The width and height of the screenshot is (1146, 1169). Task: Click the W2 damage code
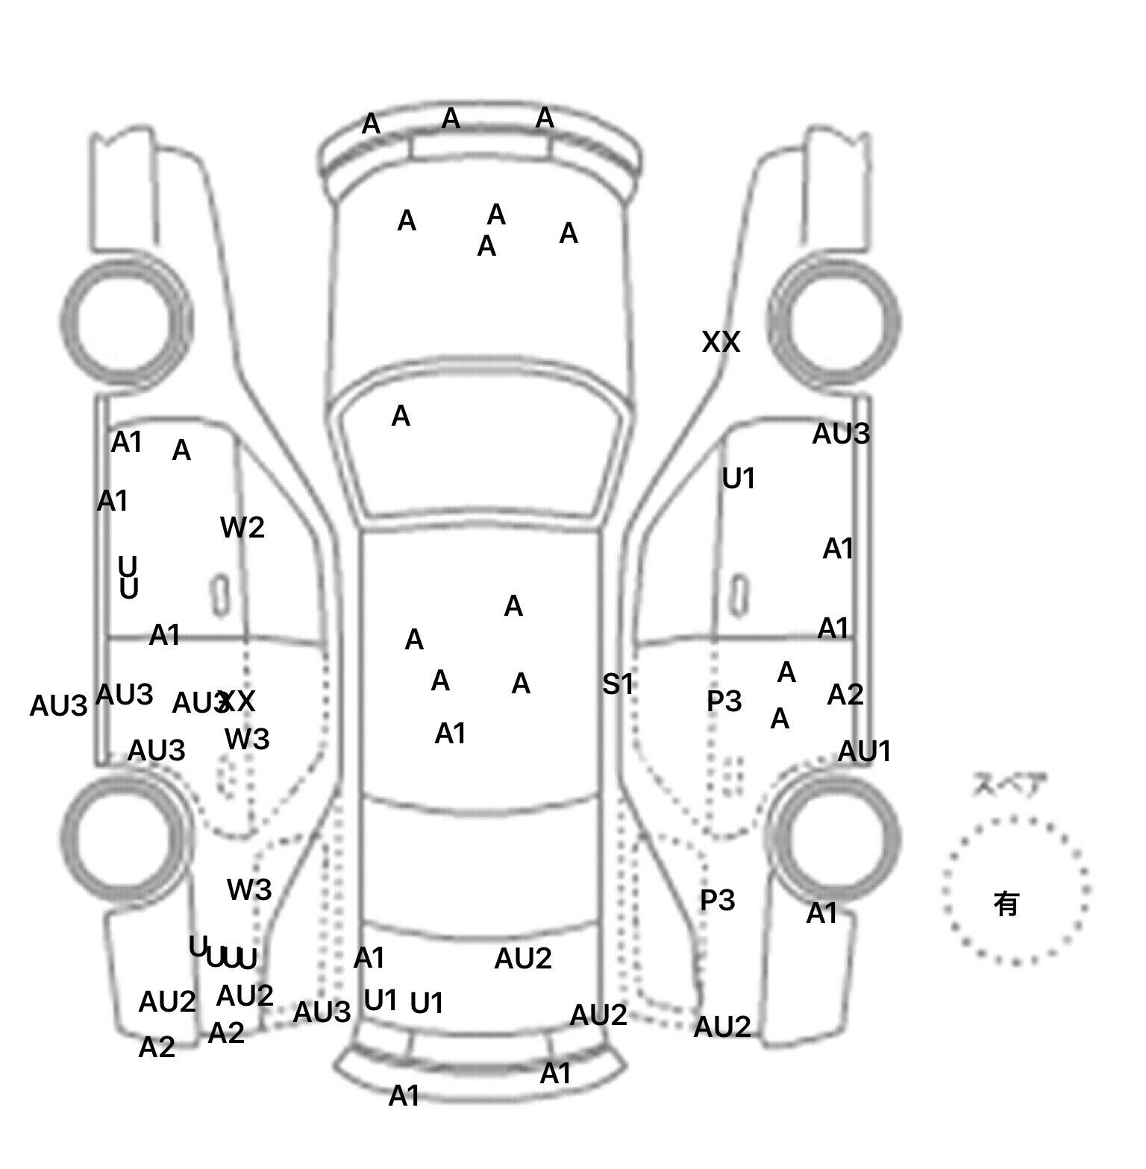pyautogui.click(x=242, y=528)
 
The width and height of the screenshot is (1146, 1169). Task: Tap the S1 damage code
pyautogui.click(x=618, y=684)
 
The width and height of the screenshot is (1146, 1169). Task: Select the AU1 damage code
pyautogui.click(x=865, y=751)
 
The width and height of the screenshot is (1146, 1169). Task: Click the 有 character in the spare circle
pyautogui.click(x=1006, y=904)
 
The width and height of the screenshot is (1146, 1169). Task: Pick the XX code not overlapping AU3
pyautogui.click(x=721, y=342)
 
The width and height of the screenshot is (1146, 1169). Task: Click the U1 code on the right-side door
pyautogui.click(x=739, y=479)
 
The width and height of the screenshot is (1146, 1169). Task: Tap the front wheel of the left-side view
pyautogui.click(x=124, y=322)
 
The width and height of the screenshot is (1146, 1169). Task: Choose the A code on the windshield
pyautogui.click(x=401, y=416)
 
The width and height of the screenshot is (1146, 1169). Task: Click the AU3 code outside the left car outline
pyautogui.click(x=58, y=705)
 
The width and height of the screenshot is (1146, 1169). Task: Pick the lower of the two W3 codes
pyautogui.click(x=249, y=889)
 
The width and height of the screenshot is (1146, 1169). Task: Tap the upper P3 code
pyautogui.click(x=724, y=702)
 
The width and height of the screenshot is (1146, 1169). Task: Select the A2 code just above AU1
pyautogui.click(x=845, y=695)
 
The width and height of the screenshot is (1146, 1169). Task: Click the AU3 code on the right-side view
pyautogui.click(x=841, y=434)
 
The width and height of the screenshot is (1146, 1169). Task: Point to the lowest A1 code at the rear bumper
pyautogui.click(x=404, y=1096)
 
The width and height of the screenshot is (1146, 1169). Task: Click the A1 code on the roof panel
pyautogui.click(x=451, y=734)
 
